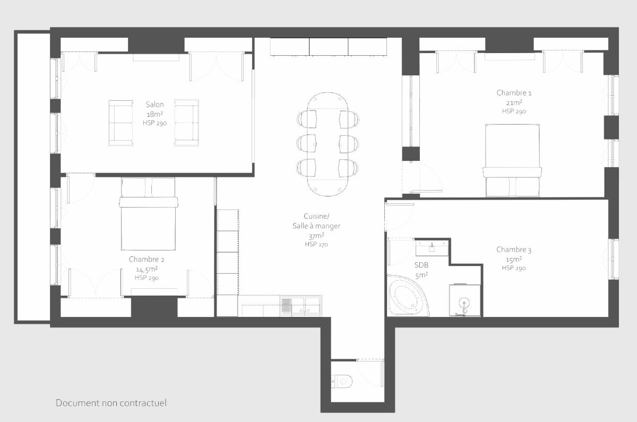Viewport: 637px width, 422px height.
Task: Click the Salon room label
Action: point(154,105)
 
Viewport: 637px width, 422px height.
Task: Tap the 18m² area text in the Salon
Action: point(154,114)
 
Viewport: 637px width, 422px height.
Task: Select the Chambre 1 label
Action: point(514,93)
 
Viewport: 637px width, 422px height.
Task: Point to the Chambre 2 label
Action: point(147,260)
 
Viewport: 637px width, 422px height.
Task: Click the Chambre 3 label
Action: point(514,249)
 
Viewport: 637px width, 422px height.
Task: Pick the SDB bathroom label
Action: point(421,265)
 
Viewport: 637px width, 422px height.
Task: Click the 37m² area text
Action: point(316,236)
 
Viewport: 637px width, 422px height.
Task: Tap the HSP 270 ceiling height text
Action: point(316,244)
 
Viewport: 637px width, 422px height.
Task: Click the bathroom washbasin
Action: point(432,247)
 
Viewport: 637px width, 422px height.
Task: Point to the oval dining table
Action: point(328,144)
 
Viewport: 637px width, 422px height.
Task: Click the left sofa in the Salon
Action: point(121,123)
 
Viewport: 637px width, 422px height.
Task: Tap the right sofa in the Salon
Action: point(186,123)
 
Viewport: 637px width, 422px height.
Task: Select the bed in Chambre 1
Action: point(512,160)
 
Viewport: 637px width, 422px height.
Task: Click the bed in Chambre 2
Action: point(149,214)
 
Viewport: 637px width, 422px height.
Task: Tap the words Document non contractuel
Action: point(111,403)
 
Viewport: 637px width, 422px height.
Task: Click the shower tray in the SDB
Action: point(465,300)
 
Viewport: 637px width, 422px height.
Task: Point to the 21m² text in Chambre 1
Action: point(514,102)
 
